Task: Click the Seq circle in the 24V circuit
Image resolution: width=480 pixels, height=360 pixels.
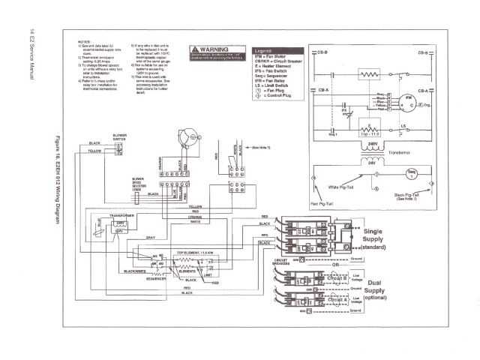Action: click(x=412, y=173)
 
